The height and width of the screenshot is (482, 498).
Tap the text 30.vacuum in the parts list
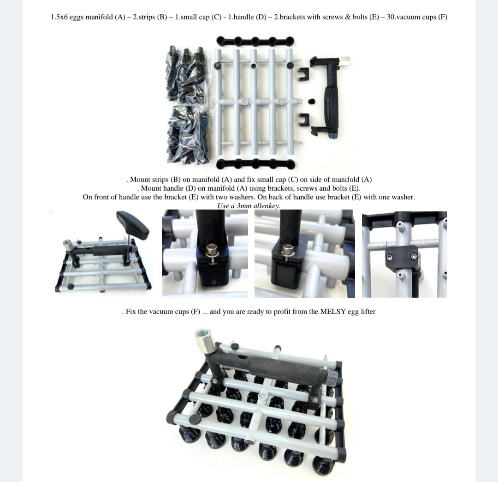tap(401, 17)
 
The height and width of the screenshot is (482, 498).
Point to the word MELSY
tap(333, 312)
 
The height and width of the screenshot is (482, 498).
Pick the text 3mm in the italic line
tap(244, 206)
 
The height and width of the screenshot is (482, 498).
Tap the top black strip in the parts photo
tap(255, 41)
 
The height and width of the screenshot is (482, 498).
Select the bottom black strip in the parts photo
tap(255, 164)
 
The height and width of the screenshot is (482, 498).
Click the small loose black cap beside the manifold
tap(312, 102)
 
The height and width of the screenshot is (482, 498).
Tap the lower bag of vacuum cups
tap(188, 134)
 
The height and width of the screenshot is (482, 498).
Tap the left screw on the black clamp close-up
tap(388, 257)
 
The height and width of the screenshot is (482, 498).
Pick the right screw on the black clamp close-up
tap(414, 256)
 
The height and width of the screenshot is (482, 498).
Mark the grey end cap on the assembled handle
tap(332, 377)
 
